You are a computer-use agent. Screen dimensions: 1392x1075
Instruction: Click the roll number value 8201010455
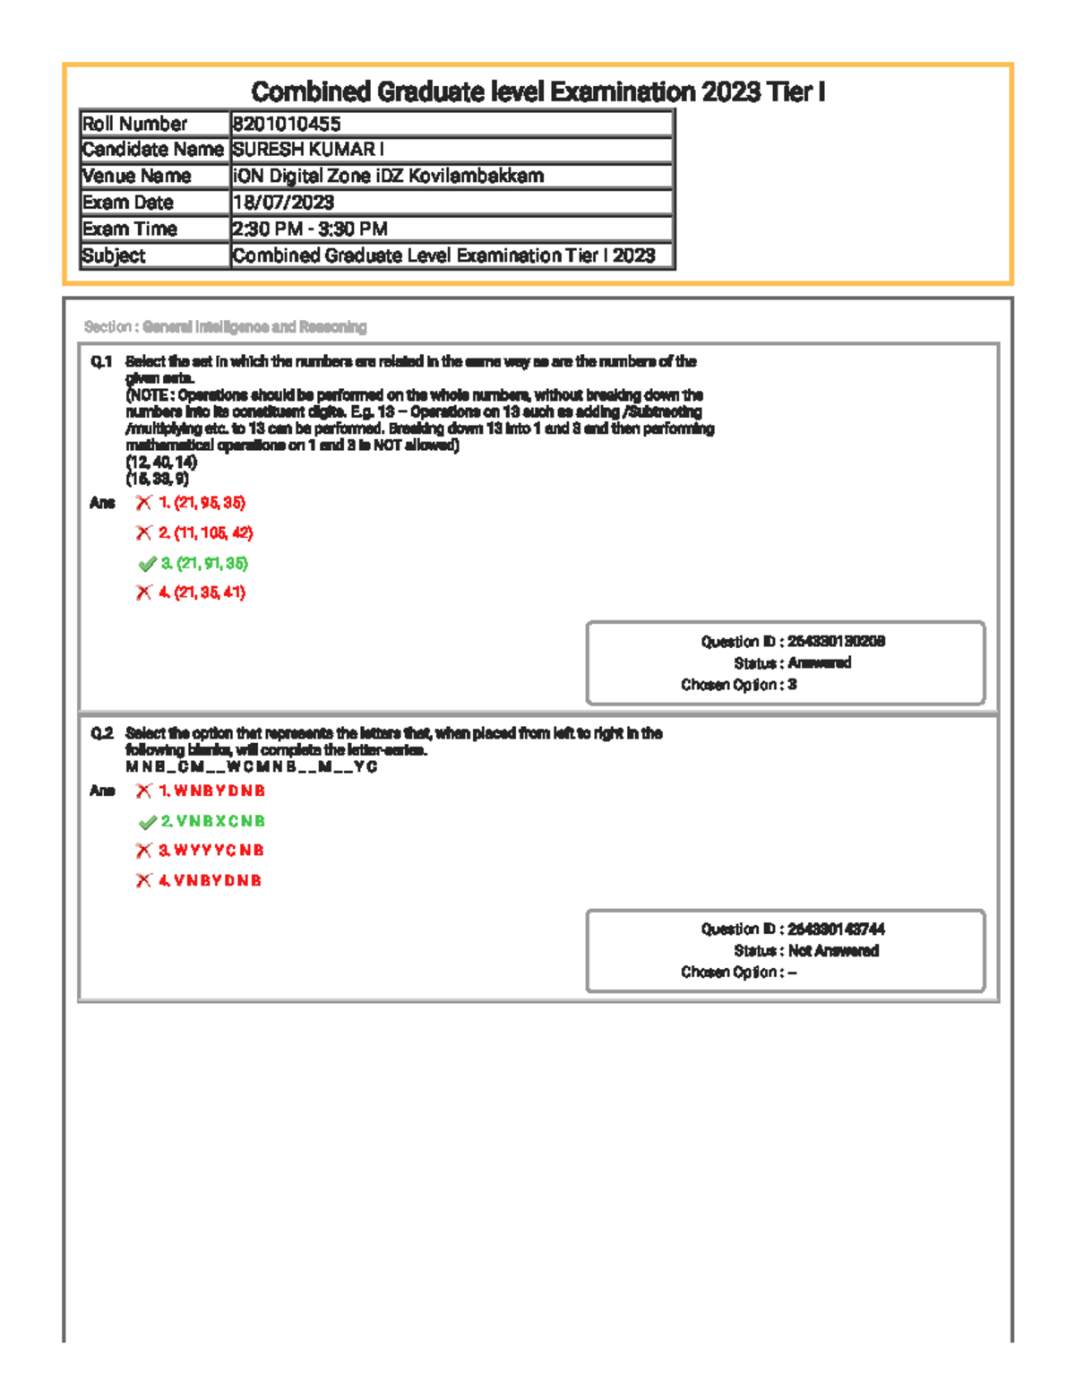(x=287, y=124)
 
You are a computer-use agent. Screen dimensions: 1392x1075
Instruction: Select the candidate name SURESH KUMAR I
(x=308, y=150)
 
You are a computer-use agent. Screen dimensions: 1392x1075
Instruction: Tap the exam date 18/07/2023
(x=283, y=203)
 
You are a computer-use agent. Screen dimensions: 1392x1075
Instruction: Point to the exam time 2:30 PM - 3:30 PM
(x=310, y=229)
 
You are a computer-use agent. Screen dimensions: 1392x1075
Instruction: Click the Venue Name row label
(x=136, y=177)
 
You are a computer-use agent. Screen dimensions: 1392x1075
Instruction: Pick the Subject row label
(x=114, y=256)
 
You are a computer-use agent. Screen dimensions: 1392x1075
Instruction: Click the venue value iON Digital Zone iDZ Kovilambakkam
(x=388, y=177)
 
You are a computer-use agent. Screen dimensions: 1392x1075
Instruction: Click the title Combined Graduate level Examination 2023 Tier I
(x=537, y=91)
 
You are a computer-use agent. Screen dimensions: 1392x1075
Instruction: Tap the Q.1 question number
(x=101, y=362)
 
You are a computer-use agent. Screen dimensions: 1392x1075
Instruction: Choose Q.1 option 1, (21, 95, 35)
(x=202, y=503)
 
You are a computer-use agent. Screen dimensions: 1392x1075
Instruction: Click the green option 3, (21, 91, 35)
(x=204, y=564)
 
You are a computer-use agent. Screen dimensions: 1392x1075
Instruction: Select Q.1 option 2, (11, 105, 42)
(x=206, y=533)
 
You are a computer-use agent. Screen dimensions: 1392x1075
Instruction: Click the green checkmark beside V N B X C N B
(x=148, y=822)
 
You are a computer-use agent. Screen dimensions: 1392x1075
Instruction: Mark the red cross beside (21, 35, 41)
(x=143, y=592)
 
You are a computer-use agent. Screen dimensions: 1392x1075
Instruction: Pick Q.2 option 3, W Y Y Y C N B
(x=211, y=851)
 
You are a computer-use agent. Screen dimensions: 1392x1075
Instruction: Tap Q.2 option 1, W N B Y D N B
(x=212, y=791)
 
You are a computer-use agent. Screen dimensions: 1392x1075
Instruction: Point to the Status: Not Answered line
(x=805, y=951)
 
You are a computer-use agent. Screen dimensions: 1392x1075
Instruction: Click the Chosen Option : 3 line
(x=738, y=685)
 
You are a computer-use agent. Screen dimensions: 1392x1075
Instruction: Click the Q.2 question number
(x=101, y=734)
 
